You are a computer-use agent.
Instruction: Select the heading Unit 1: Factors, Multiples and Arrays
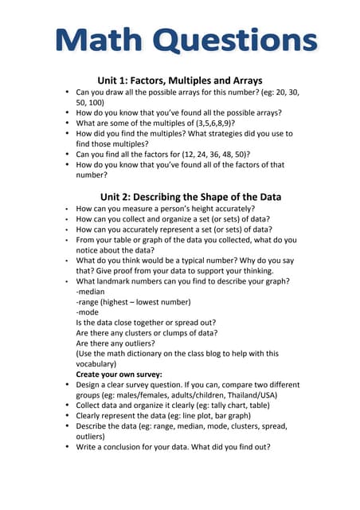click(180, 80)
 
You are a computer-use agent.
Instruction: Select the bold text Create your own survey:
click(119, 373)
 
